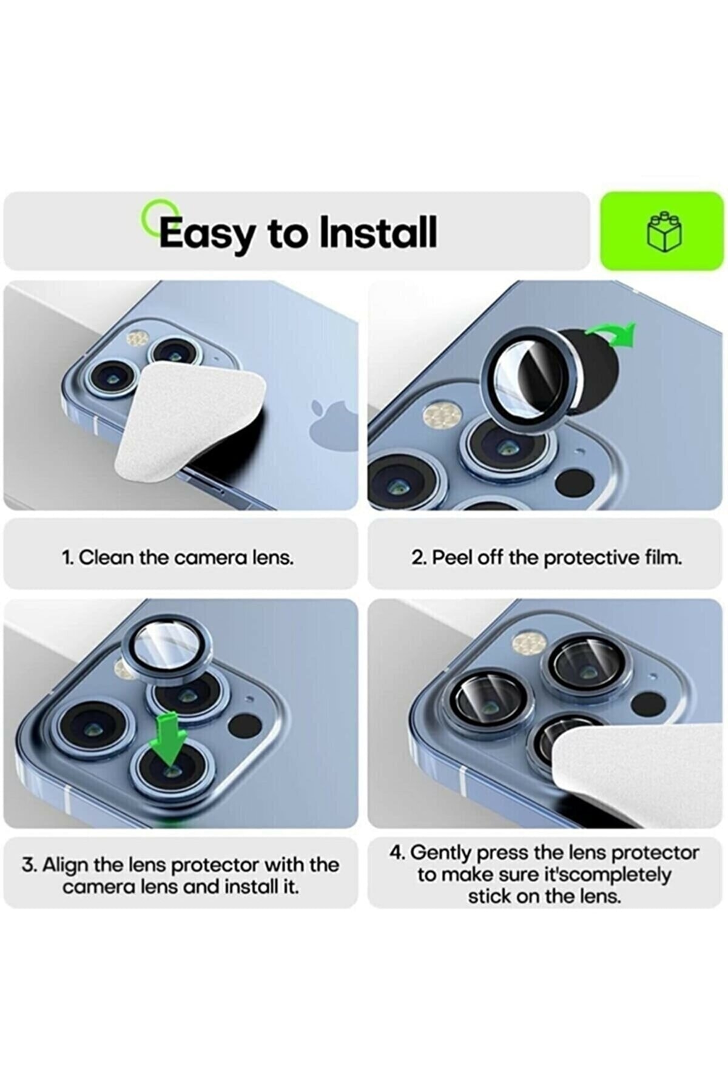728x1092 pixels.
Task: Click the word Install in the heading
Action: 378,232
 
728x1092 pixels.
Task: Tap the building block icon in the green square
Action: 664,231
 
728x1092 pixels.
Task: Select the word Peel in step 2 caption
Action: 450,557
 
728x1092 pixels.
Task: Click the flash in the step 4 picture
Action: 530,642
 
